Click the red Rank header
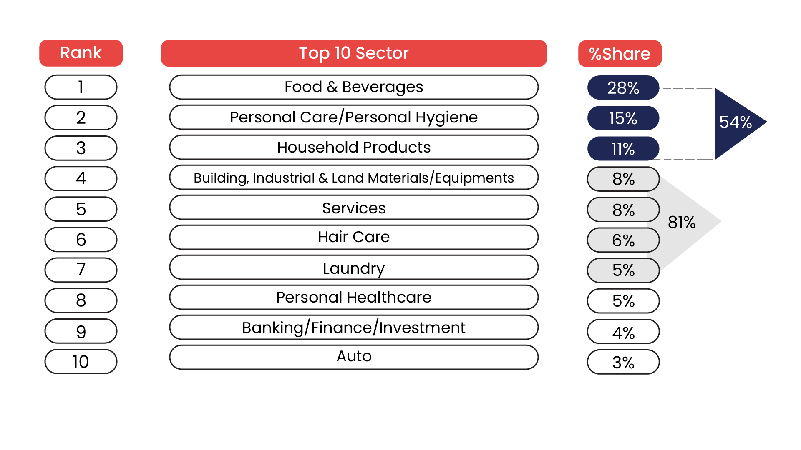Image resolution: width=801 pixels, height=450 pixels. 81,53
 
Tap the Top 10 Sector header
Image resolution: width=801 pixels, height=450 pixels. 354,53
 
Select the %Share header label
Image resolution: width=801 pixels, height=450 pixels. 620,54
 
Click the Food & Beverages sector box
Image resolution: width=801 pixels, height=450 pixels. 354,87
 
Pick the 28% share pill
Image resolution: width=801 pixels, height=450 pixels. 623,88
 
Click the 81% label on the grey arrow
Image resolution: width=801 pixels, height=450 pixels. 682,222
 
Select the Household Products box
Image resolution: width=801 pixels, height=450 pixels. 354,147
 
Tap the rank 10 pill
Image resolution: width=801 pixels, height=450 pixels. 81,362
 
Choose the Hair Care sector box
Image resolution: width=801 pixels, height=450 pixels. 354,237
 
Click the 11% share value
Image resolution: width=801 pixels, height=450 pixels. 623,149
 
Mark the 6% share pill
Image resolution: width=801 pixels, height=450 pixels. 623,240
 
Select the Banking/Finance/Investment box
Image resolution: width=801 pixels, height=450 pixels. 354,327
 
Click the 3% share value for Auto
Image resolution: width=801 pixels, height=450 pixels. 623,362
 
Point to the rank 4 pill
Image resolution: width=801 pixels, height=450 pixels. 81,178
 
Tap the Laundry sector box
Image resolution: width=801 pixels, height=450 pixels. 354,268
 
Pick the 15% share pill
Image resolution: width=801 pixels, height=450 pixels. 623,118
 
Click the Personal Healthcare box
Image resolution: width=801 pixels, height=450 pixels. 354,297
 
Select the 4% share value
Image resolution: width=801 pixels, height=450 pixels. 623,332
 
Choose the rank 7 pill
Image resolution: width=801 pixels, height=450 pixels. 81,270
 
